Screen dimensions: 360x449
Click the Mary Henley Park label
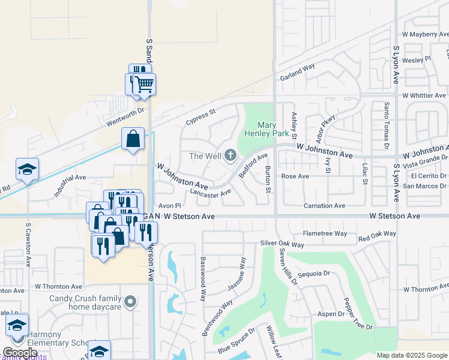click(267, 129)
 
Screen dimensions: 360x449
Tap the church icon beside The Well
click(230, 157)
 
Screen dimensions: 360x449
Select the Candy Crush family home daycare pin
click(130, 300)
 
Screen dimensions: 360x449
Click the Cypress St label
click(200, 113)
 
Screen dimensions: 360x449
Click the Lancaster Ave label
click(210, 193)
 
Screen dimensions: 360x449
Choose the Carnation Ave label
click(324, 206)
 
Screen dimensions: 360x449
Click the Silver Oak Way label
click(282, 244)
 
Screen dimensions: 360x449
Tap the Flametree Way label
click(325, 233)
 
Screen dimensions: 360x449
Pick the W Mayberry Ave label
click(426, 35)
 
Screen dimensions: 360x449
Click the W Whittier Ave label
click(424, 95)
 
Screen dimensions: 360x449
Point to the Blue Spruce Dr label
click(237, 340)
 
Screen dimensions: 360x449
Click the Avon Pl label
click(169, 205)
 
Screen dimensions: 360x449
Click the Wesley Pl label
click(417, 59)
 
